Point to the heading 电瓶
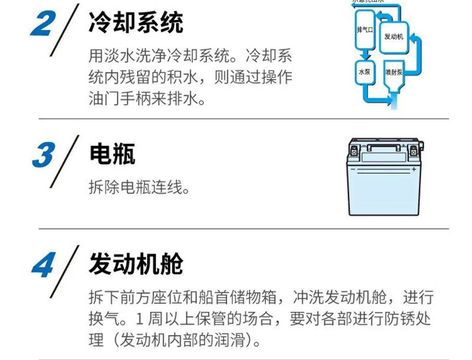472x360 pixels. [x=112, y=153]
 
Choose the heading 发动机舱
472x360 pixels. [x=136, y=264]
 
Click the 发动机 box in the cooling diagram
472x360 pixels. [x=393, y=36]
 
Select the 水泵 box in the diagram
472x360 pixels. [x=363, y=72]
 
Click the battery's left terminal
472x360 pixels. [x=354, y=150]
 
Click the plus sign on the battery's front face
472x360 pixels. [x=414, y=169]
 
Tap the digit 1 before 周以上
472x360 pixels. [x=139, y=319]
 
